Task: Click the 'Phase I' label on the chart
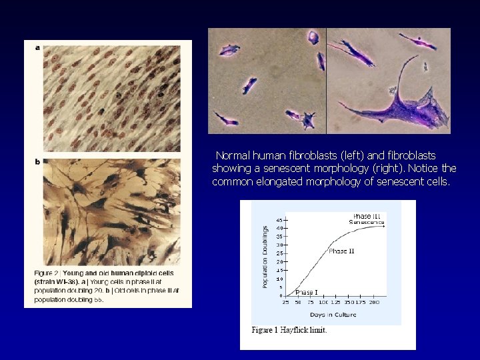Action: click(x=306, y=293)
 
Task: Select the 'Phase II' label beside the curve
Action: click(x=341, y=251)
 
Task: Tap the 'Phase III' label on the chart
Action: click(x=366, y=216)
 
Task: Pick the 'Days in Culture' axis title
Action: click(x=334, y=314)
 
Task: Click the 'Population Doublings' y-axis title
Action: click(x=265, y=256)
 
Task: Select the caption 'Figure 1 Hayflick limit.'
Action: click(x=289, y=330)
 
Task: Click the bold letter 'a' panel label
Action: click(x=37, y=47)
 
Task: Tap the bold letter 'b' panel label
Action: click(x=37, y=161)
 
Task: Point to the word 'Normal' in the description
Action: click(x=233, y=155)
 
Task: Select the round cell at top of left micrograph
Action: click(x=313, y=36)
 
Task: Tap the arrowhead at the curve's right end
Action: click(x=384, y=227)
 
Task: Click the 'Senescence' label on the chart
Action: click(x=367, y=222)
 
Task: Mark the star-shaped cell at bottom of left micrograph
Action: click(x=309, y=120)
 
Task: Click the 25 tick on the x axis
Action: click(x=286, y=303)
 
